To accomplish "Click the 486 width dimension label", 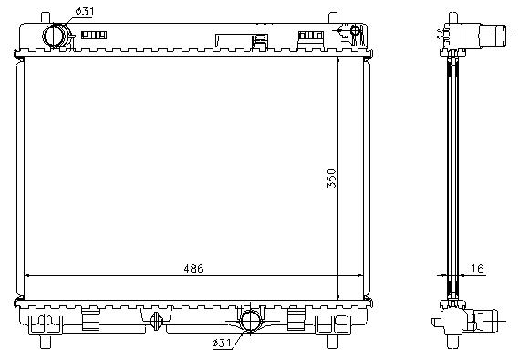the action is tap(193, 269).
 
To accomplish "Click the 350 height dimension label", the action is tap(331, 179).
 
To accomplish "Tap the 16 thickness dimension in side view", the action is tap(477, 269).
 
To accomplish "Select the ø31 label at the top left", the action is tap(85, 11).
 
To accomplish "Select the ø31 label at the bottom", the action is tap(222, 343).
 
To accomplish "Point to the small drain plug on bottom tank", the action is tap(156, 321).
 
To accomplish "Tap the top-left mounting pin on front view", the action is tap(46, 18).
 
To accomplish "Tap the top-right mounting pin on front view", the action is tap(333, 18).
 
